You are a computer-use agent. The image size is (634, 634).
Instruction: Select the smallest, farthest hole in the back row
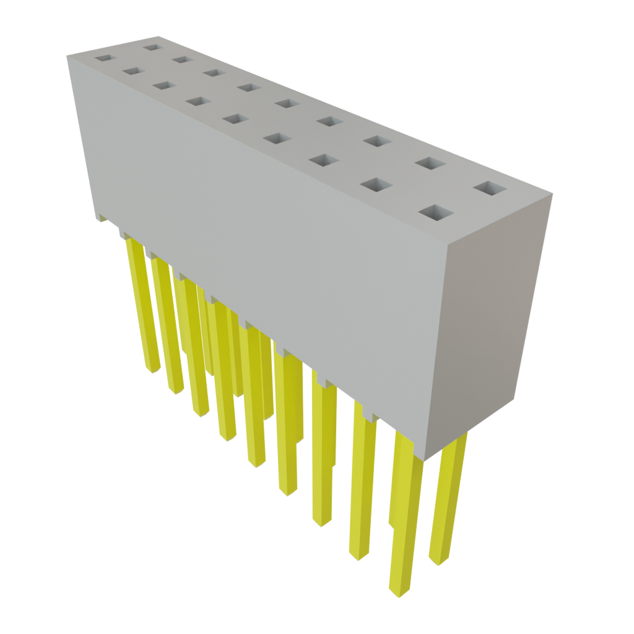pyautogui.click(x=151, y=46)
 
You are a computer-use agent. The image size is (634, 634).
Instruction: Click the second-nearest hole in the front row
pyautogui.click(x=376, y=184)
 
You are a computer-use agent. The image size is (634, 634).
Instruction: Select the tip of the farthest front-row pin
pyautogui.click(x=152, y=370)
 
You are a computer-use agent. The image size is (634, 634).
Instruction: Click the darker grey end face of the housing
pyautogui.click(x=489, y=322)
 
